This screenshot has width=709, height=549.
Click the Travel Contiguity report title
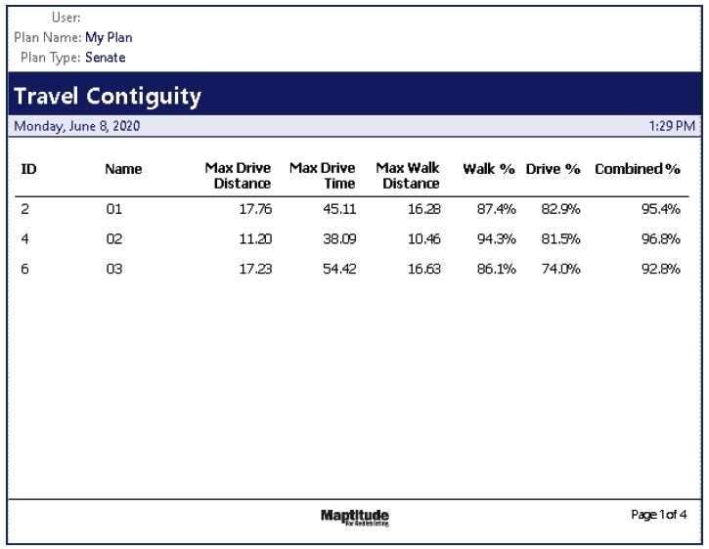[108, 97]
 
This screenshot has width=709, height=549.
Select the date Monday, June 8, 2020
[76, 126]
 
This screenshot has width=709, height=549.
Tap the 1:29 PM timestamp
[672, 126]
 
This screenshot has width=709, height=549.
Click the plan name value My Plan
[109, 38]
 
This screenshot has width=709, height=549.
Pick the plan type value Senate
[106, 58]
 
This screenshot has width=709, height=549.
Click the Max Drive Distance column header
[238, 176]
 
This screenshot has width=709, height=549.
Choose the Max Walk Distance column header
[408, 176]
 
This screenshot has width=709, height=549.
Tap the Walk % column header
[488, 169]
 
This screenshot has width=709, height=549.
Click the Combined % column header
[637, 169]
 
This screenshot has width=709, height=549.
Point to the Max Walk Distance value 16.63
[423, 270]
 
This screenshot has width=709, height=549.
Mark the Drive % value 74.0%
[561, 270]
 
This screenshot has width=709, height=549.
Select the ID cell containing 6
[25, 270]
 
